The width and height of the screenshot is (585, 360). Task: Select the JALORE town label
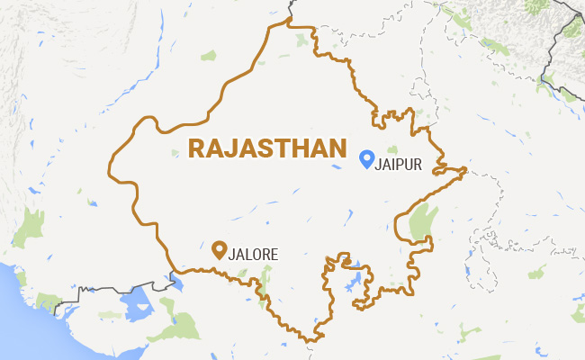pyautogui.click(x=255, y=254)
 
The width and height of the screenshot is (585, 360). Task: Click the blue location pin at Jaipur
pyautogui.click(x=366, y=158)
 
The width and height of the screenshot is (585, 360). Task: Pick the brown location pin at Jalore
pyautogui.click(x=218, y=249)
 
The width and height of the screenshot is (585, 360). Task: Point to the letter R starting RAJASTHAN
pyautogui.click(x=195, y=148)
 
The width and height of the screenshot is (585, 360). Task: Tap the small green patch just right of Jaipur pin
pyautogui.click(x=392, y=148)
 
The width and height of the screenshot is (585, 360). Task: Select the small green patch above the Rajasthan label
pyautogui.click(x=209, y=56)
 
